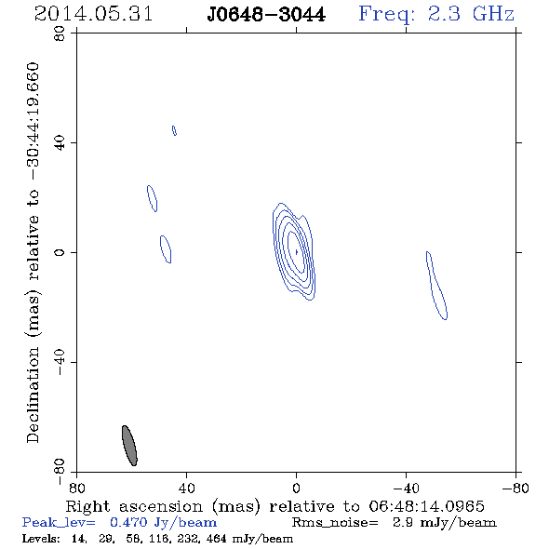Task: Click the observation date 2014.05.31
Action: coord(93,14)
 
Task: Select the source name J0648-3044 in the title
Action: coord(266,15)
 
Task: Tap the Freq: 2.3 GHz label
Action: coord(436,15)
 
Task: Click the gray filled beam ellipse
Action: coord(129,446)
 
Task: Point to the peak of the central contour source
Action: coord(297,252)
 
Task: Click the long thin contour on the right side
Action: coord(436,286)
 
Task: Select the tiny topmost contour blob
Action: coord(174,130)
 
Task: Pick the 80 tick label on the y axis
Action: coord(60,33)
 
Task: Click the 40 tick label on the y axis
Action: coord(60,143)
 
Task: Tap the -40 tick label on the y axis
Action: coord(60,362)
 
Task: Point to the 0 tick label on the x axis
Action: coord(296,488)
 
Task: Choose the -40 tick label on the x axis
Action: coord(406,488)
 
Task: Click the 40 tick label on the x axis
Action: coord(187,488)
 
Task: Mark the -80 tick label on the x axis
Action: coord(516,488)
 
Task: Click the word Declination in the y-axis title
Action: coord(33,395)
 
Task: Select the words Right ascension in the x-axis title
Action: coord(134,506)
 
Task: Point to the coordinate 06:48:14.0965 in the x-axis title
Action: coord(426,506)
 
